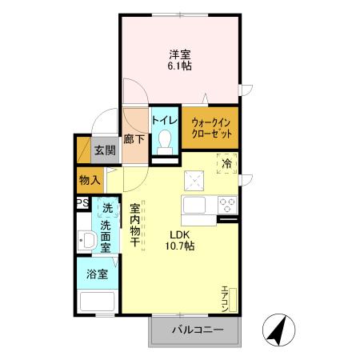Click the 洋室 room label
[x=179, y=54]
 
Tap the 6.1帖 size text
[x=179, y=66]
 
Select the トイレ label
[x=165, y=120]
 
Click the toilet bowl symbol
[x=166, y=141]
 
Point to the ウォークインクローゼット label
[x=210, y=127]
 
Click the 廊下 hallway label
[x=135, y=139]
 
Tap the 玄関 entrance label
[x=104, y=150]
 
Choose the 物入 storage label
[x=90, y=180]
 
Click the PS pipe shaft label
[x=82, y=204]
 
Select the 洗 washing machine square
[x=107, y=209]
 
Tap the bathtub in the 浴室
[x=97, y=302]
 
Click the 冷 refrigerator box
[x=226, y=163]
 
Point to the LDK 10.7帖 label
[x=180, y=241]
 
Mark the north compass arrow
[x=277, y=330]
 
